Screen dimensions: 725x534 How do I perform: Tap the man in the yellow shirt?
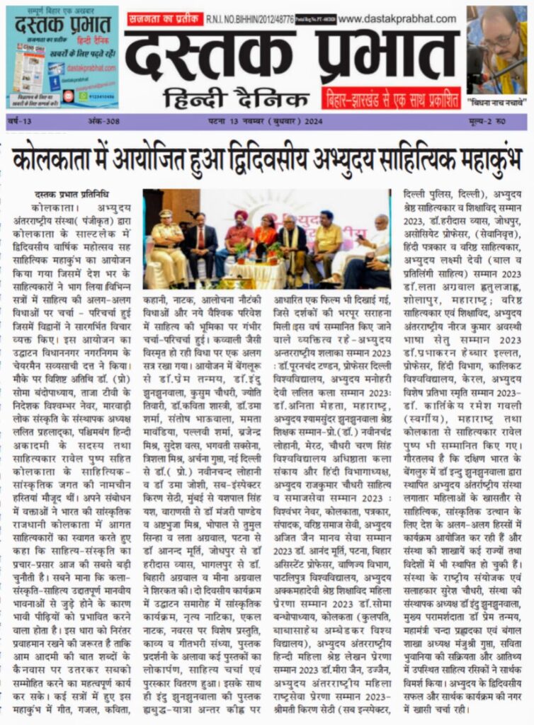[x=328, y=241]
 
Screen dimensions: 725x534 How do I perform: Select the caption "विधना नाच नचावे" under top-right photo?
[x=496, y=102]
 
